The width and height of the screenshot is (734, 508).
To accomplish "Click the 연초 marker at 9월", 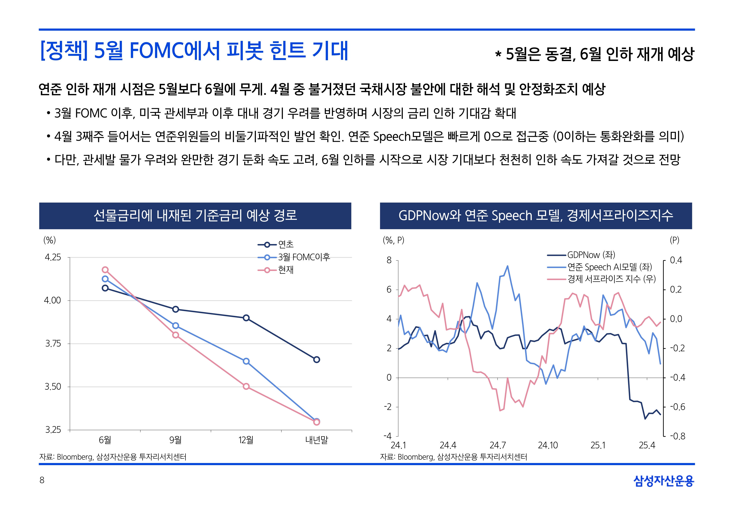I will (x=175, y=309).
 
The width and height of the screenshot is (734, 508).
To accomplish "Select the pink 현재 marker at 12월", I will (x=246, y=386).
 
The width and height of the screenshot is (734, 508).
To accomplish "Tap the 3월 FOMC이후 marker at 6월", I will (x=105, y=279).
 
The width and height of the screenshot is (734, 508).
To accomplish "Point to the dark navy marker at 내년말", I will (x=316, y=360).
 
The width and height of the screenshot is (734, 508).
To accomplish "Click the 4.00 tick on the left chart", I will (x=52, y=301).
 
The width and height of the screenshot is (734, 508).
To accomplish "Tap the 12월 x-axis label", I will (x=246, y=440).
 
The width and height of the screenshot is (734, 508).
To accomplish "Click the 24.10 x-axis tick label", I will (x=548, y=445).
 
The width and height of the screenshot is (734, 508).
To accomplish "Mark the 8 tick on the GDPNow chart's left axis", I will (x=389, y=260).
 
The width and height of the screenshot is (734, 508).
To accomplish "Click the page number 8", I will (x=42, y=480).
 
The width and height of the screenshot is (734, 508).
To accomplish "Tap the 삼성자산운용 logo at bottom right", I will (x=664, y=481).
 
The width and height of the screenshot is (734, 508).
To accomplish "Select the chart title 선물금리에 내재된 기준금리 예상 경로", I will (x=195, y=215).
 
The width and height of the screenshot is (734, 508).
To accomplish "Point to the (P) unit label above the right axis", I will (x=674, y=240).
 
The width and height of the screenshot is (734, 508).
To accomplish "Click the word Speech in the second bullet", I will (x=392, y=137).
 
